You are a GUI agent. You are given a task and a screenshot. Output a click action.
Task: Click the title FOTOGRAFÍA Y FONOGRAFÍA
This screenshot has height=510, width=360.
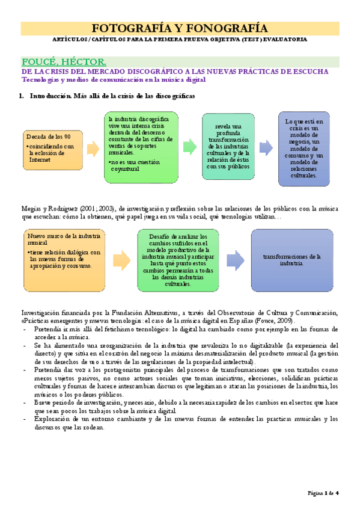click(x=180, y=28)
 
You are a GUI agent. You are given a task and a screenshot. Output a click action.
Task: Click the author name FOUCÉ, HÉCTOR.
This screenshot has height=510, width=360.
click(x=64, y=61)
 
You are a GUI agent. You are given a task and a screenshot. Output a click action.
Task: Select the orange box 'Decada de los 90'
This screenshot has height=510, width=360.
click(x=53, y=149)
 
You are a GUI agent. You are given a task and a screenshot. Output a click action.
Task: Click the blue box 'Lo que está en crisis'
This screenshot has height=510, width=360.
click(x=304, y=149)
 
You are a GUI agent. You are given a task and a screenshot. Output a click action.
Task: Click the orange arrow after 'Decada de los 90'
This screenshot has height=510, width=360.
click(x=93, y=148)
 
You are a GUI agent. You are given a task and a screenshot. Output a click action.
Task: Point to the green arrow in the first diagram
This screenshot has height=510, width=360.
click(x=189, y=146)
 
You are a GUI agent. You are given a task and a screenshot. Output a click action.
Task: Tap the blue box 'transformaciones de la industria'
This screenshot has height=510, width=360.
click(x=291, y=259)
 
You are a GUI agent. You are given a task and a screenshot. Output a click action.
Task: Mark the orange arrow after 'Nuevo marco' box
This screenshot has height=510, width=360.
click(x=121, y=259)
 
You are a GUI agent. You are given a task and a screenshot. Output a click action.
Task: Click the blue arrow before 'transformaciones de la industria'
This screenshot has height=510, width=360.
click(x=235, y=259)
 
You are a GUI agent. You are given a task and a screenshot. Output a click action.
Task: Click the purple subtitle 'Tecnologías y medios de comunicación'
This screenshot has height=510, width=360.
click(x=114, y=79)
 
